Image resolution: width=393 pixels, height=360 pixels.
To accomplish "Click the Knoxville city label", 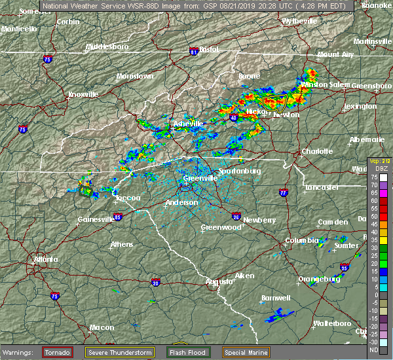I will coord(84,94).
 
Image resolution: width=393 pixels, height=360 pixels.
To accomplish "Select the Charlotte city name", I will coord(316,152).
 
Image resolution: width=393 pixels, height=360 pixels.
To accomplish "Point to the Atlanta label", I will coord(46,259).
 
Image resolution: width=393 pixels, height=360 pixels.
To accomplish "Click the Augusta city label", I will coord(219,281).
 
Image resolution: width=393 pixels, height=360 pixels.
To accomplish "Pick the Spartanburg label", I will coord(240,171).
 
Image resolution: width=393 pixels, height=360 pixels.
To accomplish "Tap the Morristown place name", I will coord(134,76).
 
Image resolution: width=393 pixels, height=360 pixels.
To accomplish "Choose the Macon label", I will coord(83,327).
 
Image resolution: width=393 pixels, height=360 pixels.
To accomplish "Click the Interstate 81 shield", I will coord(194,51).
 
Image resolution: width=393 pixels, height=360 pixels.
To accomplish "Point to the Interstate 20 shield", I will coord(155,283).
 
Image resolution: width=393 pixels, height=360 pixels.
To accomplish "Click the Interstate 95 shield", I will coord(345,268).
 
